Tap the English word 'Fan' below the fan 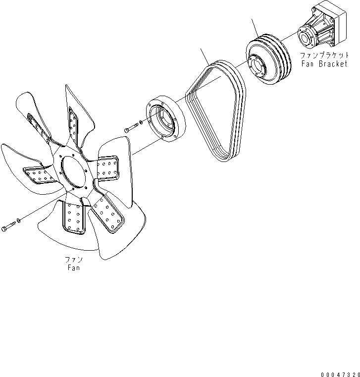[x=73, y=268]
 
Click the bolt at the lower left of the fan [x=8, y=227]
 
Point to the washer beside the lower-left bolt [x=18, y=219]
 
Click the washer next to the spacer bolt [x=142, y=122]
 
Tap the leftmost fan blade [x=22, y=163]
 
